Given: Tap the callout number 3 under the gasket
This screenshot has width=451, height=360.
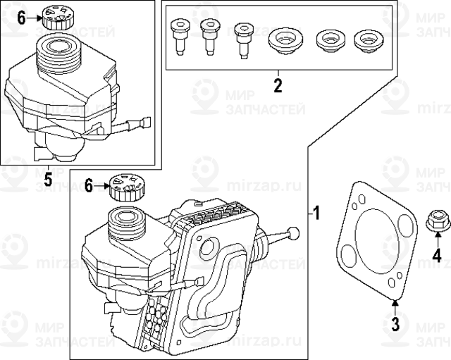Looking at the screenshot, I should coord(395,324).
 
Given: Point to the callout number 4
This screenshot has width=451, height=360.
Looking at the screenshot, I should coord(437,256).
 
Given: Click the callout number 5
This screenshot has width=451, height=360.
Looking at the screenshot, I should coord(47,178).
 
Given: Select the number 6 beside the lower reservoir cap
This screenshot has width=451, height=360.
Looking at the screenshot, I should coord(89,186).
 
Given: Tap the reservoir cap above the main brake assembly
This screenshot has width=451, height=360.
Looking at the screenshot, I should coord(127,186).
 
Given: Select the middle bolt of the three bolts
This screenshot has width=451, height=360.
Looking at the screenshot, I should coord(209,35).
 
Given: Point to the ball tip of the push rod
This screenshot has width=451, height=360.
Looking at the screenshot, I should coord(294,232).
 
